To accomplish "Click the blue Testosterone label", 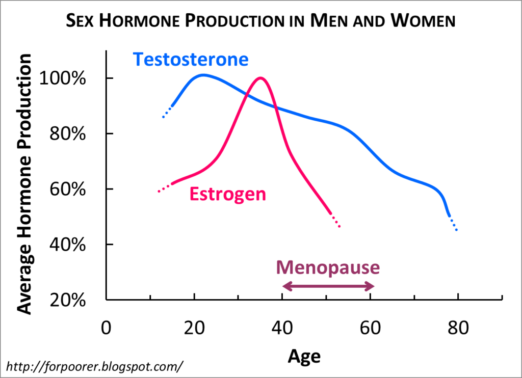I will [x=191, y=60].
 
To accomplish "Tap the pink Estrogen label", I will [x=228, y=194].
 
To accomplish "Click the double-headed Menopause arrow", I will [x=328, y=287].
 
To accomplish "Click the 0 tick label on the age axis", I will [x=106, y=328].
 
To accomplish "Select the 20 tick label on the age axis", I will [x=194, y=328].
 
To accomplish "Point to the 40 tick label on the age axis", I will [x=282, y=328].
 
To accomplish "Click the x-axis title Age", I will [x=304, y=356].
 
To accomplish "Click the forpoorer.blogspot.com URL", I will [x=94, y=366].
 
